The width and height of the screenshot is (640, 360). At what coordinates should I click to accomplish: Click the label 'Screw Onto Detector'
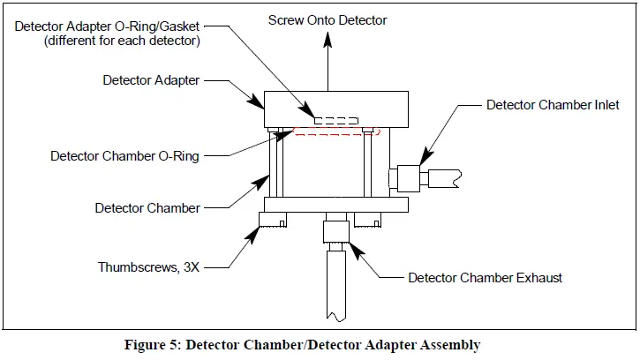(328, 19)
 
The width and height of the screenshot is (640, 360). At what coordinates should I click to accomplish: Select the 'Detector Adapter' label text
(151, 79)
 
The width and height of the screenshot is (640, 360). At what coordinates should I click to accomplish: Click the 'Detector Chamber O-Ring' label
(124, 156)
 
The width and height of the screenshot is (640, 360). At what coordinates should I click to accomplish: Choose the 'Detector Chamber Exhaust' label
(485, 277)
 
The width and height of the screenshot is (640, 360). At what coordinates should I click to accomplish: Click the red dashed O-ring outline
(335, 133)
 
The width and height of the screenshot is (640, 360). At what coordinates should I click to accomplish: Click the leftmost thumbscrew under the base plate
(273, 221)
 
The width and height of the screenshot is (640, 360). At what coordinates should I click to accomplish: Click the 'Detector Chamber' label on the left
(147, 208)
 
